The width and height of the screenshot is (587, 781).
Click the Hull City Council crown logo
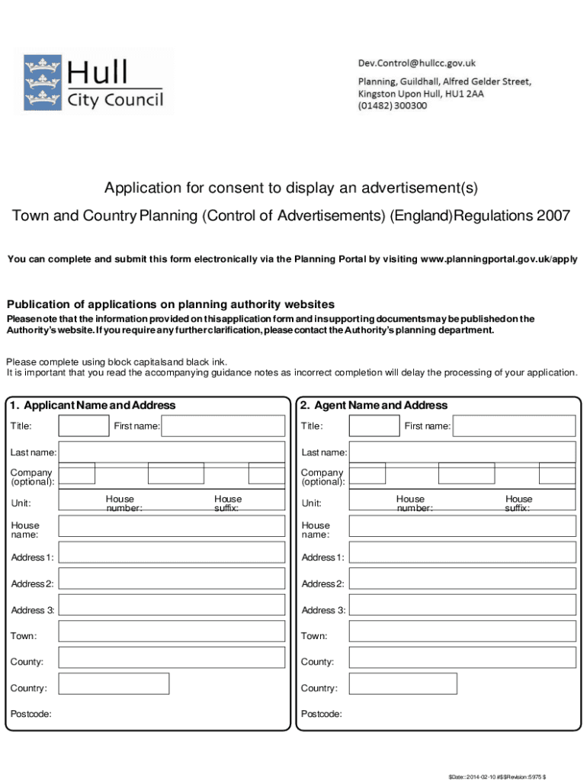[x=42, y=81]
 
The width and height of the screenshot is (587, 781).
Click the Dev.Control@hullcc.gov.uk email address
[x=417, y=63]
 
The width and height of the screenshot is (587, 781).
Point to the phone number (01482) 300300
[x=393, y=106]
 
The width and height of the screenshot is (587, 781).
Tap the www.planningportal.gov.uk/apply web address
[x=499, y=259]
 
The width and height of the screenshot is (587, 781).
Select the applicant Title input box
[x=84, y=426]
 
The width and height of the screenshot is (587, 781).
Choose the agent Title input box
[x=374, y=426]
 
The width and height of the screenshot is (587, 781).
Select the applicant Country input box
[x=114, y=683]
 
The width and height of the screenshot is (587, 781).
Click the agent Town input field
[x=463, y=632]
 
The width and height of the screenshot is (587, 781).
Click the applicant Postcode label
[x=30, y=714]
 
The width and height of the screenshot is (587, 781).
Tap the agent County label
[x=317, y=662]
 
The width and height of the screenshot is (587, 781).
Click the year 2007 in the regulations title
[x=553, y=216]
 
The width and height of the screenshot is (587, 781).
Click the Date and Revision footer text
[x=508, y=767]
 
